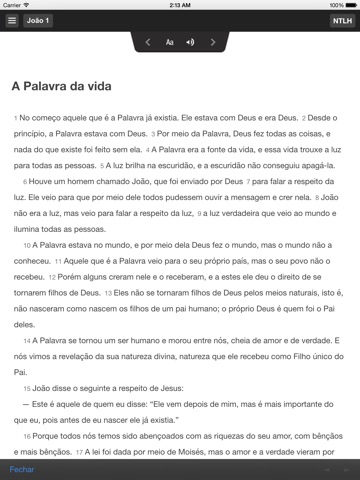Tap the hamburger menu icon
[12, 20]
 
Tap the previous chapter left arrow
[148, 42]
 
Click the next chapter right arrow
[212, 42]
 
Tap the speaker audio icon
[190, 42]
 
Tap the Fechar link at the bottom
[21, 468]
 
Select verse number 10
[25, 244]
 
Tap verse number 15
[25, 385]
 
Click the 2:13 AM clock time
[180, 5]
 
